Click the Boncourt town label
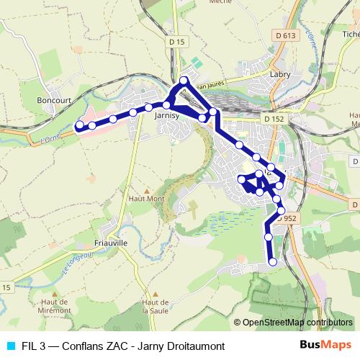point(55,102)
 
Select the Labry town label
point(279,73)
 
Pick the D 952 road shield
point(287,217)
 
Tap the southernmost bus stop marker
point(273,262)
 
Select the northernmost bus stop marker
point(184,80)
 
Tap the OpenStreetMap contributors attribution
point(297,323)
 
